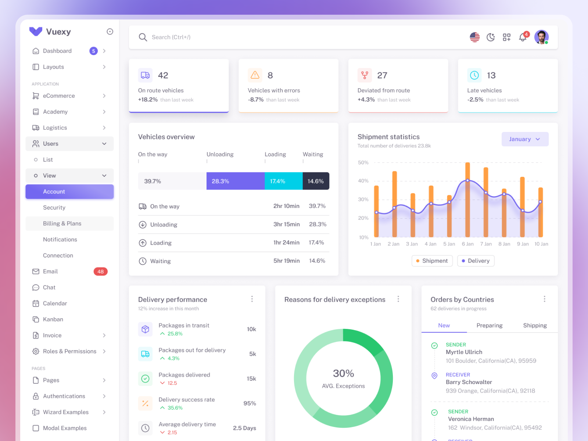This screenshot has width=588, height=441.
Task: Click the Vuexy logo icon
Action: coord(36,32)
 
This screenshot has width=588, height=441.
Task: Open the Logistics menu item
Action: coord(55,128)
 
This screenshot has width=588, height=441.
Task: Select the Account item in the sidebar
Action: coord(69,191)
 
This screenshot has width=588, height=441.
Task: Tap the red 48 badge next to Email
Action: coord(100,272)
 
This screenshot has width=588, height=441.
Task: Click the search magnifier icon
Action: coord(143,37)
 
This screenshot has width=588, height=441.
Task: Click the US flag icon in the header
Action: coord(474,37)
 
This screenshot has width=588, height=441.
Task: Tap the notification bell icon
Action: coord(523,37)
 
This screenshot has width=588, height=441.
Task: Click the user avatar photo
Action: coord(541,37)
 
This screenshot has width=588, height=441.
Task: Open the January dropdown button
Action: coord(525,139)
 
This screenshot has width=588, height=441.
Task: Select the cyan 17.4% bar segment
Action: coord(283,181)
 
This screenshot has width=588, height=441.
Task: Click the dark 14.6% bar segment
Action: coord(316,181)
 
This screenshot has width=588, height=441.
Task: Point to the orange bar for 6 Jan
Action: coord(467,200)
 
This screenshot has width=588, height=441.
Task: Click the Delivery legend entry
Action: coord(476,261)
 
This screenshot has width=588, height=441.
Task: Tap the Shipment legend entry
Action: coord(432,261)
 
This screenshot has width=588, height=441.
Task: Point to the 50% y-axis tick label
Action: coord(363,162)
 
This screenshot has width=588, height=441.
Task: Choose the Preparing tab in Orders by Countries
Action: coord(489,326)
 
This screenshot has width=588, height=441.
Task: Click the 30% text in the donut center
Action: coord(343,373)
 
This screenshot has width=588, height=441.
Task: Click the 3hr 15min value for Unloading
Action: coord(286,224)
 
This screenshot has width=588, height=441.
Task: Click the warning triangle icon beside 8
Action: coord(255,75)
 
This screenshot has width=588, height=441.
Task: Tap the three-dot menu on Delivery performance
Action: coord(252,299)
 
